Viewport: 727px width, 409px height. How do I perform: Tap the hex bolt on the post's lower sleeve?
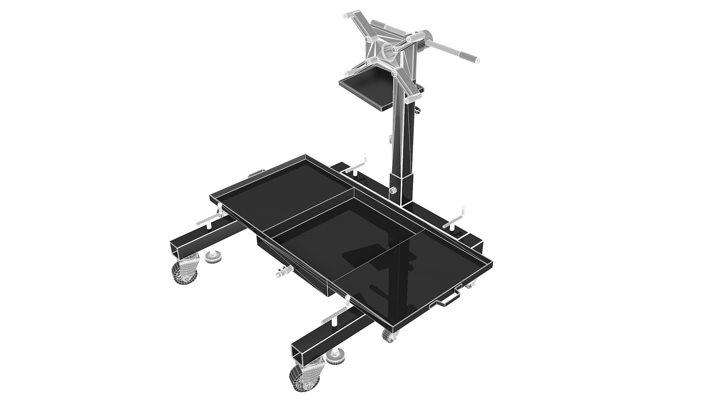393,191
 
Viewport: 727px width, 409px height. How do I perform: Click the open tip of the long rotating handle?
478,60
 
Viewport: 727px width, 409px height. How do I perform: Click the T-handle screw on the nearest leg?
335,314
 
